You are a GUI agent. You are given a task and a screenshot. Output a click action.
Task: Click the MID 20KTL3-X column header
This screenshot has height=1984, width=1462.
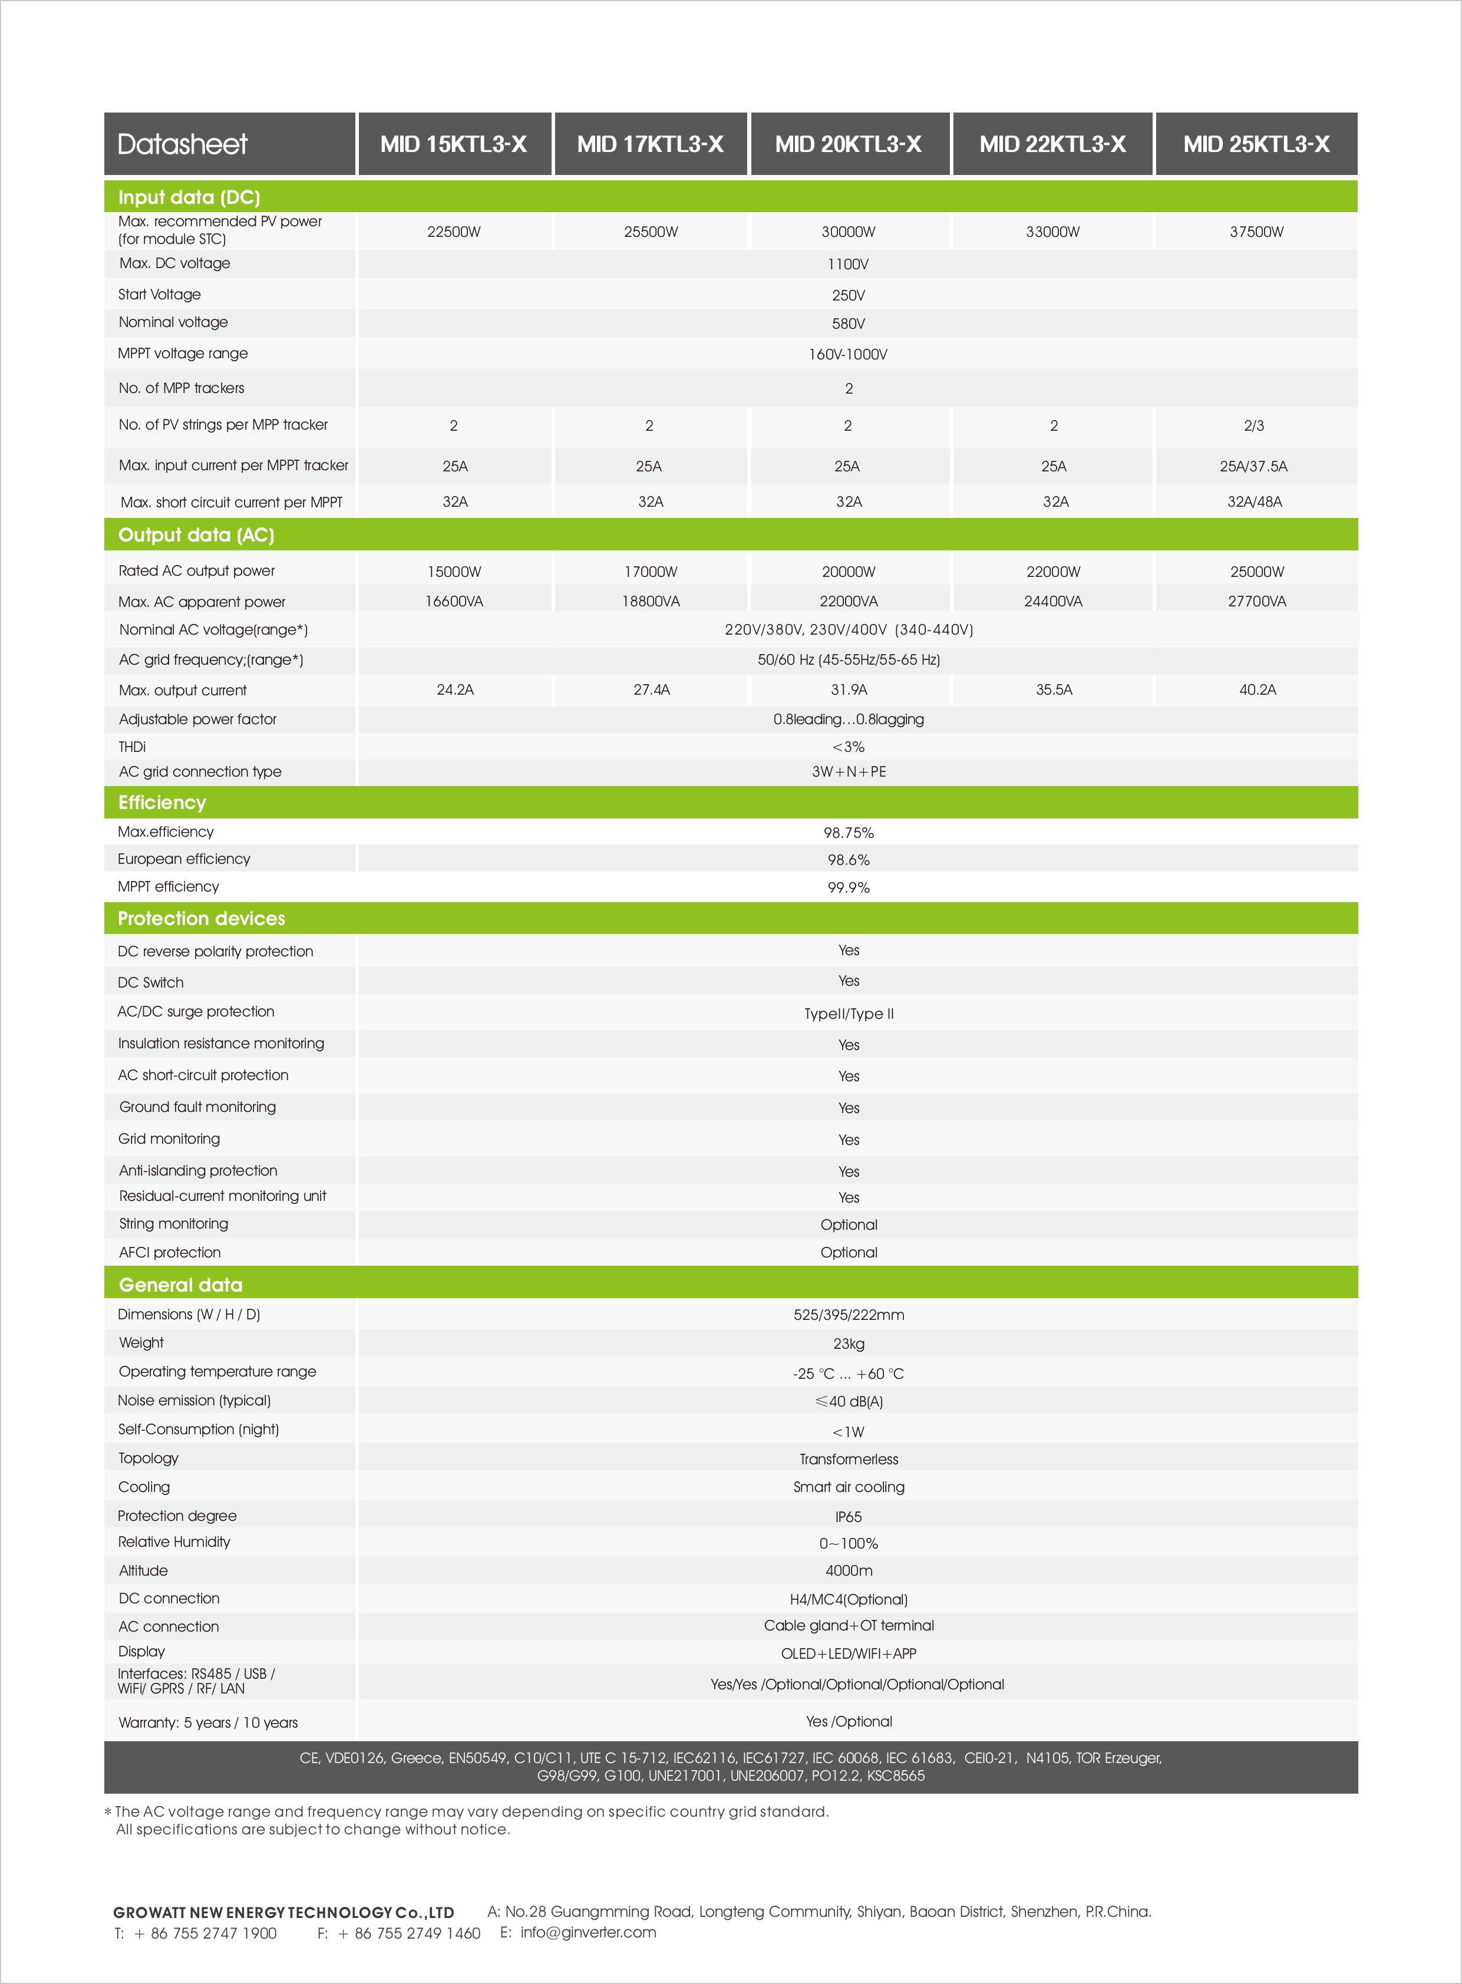(848, 144)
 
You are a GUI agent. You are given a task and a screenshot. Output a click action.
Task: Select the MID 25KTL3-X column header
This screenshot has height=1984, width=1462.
(1256, 144)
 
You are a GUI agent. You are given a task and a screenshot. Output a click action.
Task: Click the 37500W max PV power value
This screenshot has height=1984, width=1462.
(1256, 232)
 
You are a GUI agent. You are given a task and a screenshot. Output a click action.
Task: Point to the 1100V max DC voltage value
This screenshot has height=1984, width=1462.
(848, 265)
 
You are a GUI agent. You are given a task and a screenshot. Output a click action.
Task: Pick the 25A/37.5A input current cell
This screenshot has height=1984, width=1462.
(1253, 466)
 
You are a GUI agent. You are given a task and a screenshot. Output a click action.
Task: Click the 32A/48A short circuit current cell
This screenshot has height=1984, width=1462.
(1254, 502)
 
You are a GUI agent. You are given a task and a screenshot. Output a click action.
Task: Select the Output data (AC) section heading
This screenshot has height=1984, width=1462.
(196, 536)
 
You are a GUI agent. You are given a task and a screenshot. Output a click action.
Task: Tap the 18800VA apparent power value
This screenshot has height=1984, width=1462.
(651, 602)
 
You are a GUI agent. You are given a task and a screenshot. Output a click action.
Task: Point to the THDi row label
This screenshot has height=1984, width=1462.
(132, 747)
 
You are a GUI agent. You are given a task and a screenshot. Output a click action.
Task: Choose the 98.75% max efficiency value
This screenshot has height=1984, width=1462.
(848, 833)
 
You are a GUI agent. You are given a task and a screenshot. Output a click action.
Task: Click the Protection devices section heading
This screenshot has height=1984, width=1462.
(202, 919)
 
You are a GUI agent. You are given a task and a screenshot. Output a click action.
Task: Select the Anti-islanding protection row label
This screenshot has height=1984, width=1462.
(198, 1171)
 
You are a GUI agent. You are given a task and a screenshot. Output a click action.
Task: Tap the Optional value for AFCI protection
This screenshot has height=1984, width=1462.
(848, 1252)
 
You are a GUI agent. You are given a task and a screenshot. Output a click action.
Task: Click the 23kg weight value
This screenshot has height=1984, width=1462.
(848, 1343)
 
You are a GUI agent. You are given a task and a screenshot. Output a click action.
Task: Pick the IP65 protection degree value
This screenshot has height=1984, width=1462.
(848, 1517)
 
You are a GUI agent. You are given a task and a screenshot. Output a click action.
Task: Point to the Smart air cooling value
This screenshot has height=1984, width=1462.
(848, 1487)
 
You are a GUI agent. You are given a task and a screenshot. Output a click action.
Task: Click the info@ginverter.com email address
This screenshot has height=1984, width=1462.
(588, 1932)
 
